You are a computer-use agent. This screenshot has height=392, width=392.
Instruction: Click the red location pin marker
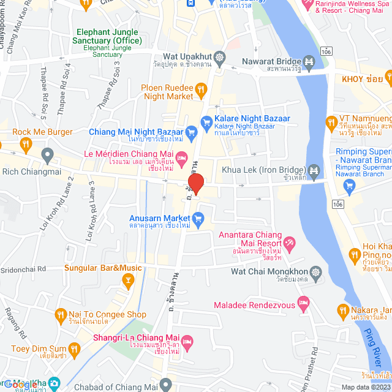195,183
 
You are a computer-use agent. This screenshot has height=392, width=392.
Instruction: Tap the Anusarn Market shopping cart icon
197,218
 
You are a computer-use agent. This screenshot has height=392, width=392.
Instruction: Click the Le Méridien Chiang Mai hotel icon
181,158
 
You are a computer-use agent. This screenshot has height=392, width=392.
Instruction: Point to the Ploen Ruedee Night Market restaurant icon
200,92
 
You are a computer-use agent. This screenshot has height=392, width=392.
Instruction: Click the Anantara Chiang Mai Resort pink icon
290,243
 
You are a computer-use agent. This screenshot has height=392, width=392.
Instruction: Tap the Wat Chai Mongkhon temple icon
315,271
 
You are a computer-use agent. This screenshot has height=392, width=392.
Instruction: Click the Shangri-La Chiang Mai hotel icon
188,340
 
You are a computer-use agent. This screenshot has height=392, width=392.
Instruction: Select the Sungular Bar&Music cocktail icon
129,281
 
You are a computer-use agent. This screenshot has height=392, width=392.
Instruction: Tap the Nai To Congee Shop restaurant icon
60,315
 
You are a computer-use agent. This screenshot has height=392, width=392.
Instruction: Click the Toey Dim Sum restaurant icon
74,350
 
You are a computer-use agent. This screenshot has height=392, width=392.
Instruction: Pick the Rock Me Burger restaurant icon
25,145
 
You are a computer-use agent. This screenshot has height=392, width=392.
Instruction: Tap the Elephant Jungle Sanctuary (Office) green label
109,37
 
